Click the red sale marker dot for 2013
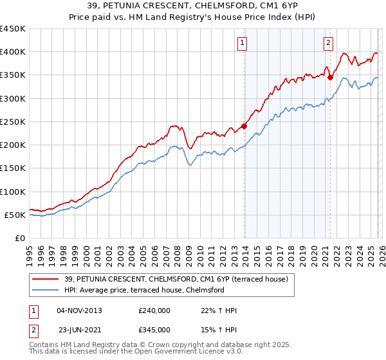(x=244, y=126)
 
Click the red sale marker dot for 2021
(x=331, y=77)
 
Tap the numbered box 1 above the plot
(x=243, y=43)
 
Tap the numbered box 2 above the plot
(x=328, y=43)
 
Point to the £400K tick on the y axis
(x=13, y=52)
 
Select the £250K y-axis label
(x=13, y=122)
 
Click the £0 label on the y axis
(x=19, y=238)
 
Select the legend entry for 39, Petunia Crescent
(x=179, y=279)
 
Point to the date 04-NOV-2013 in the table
(x=79, y=310)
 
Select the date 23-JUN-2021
(x=79, y=330)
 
